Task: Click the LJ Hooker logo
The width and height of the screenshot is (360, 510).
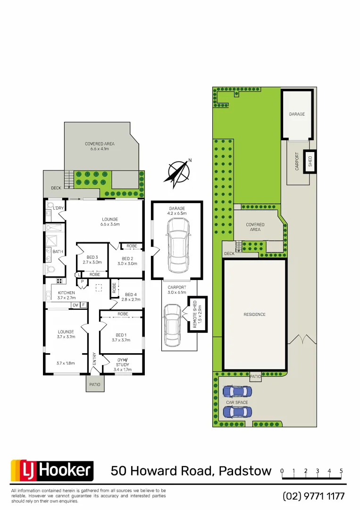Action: (x=52, y=470)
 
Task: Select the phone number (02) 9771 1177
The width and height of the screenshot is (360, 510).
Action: (x=314, y=496)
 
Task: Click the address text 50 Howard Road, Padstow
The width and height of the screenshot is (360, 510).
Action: (x=191, y=471)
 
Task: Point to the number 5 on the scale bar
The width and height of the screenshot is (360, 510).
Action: (x=341, y=471)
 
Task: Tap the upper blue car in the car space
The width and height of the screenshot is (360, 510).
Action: (x=237, y=391)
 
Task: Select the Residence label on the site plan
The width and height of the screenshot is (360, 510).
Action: (x=254, y=314)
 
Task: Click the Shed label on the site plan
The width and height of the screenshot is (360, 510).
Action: (x=310, y=161)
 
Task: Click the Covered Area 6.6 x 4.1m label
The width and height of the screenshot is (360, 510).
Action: (x=100, y=146)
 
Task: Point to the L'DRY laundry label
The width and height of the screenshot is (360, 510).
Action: (x=58, y=208)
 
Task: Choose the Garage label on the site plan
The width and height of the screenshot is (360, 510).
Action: (x=297, y=114)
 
